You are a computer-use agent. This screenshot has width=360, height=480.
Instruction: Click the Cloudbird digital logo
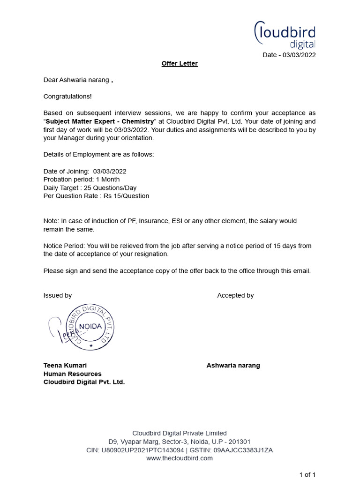click(x=285, y=35)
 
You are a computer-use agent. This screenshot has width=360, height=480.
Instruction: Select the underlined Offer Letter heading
click(x=180, y=63)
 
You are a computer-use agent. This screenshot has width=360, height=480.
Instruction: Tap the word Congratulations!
click(x=67, y=96)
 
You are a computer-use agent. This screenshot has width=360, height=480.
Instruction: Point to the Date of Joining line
click(x=85, y=172)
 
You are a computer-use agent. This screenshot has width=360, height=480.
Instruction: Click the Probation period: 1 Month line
click(x=82, y=180)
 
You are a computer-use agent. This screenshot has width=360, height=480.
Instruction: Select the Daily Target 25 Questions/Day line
click(x=90, y=188)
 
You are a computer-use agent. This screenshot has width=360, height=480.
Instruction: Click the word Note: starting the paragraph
click(x=52, y=221)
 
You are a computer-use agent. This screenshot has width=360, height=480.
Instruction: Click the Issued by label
click(x=58, y=295)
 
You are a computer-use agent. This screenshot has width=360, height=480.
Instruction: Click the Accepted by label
click(x=235, y=295)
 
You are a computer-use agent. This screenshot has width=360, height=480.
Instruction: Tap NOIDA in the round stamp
click(x=90, y=326)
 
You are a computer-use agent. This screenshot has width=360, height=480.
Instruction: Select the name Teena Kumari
click(x=65, y=365)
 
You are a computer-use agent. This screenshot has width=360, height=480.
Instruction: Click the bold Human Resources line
click(x=72, y=374)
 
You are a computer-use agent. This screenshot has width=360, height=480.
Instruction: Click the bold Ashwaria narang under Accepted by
click(x=233, y=365)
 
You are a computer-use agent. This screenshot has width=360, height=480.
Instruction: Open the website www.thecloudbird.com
click(x=180, y=458)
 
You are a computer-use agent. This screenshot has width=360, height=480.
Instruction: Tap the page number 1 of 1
click(x=307, y=474)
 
